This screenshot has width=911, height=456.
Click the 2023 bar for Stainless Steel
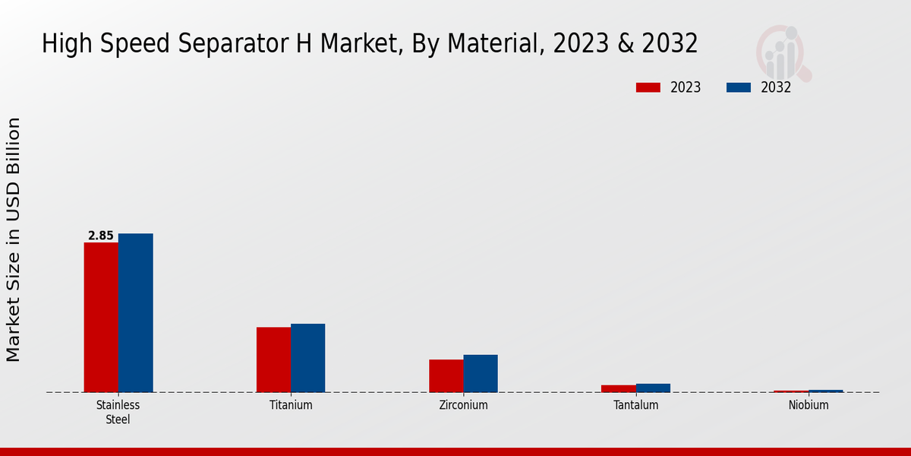tap(101, 318)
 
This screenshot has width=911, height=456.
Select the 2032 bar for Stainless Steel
tap(135, 313)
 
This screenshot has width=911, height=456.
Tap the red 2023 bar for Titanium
tap(273, 359)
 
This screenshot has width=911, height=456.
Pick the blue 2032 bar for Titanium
tap(307, 358)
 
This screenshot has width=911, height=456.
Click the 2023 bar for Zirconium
tap(446, 376)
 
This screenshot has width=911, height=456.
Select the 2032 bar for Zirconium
tap(481, 373)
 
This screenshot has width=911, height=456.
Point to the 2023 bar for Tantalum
tap(618, 388)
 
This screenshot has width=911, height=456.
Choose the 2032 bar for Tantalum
tap(653, 388)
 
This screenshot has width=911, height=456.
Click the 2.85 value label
tap(100, 236)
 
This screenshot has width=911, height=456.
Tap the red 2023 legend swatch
tap(648, 87)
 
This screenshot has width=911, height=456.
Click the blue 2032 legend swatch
tap(738, 87)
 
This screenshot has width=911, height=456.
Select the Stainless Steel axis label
tap(118, 412)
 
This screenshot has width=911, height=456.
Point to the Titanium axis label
tap(291, 405)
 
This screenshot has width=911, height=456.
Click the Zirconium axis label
tap(463, 405)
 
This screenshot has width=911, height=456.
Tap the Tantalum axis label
tap(636, 405)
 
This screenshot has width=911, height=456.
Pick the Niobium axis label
tap(809, 405)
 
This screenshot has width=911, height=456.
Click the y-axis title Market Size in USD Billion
tap(14, 239)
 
